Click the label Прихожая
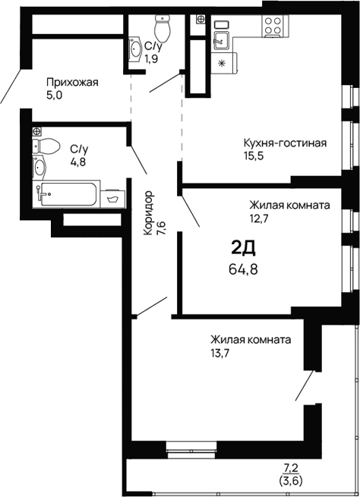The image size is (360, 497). click(72, 83)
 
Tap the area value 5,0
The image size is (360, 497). click(54, 95)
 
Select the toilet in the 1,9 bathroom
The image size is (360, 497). click(163, 28)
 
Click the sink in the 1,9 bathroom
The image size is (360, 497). click(136, 49)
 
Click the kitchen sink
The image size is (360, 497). click(222, 40)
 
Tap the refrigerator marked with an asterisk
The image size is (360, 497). click(224, 63)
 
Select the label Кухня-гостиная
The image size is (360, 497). click(285, 143)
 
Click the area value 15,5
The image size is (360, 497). click(254, 156)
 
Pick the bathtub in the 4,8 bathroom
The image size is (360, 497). click(67, 194)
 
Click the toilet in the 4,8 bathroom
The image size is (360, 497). click(46, 146)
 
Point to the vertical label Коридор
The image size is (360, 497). click(148, 213)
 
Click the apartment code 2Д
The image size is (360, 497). click(243, 248)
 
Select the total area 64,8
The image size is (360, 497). click(243, 269)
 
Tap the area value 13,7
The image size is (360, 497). click(220, 353)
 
